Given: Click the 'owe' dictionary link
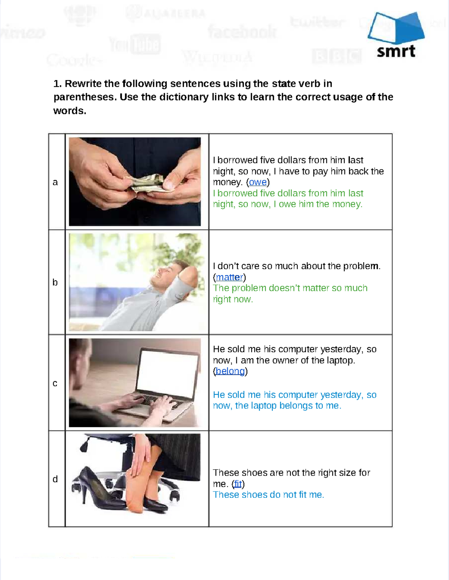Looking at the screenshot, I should tap(258, 182).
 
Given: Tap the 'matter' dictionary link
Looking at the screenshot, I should tap(229, 277).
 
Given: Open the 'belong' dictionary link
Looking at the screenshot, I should tap(230, 371).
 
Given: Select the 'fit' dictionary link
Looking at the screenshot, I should tap(238, 484).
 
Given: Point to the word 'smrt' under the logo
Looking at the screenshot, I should tap(396, 52).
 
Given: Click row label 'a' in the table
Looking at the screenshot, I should tap(55, 182).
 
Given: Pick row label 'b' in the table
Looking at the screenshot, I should tap(55, 282).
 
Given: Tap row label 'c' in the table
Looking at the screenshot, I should tap(55, 383).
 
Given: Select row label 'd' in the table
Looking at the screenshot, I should tap(55, 479).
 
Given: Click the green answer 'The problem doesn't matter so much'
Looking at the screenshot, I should tap(290, 288).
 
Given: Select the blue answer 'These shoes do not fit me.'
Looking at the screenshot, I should tap(268, 495).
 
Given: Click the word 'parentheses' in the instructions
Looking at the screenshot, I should tap(85, 97).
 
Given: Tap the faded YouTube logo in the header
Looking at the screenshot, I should tap(135, 45).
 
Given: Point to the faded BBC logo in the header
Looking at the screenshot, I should tap(337, 56).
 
